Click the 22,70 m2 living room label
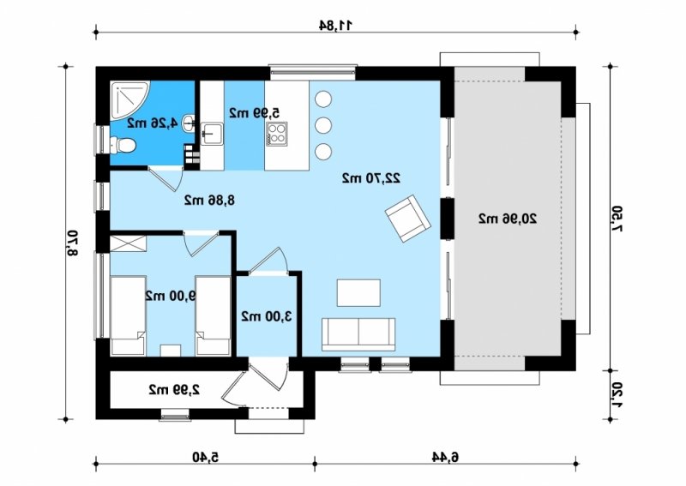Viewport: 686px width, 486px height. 371,178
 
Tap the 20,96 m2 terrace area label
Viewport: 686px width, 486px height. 508,219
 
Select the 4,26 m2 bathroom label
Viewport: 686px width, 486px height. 153,123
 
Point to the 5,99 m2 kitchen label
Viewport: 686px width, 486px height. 254,112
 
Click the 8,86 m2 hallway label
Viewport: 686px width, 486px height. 209,201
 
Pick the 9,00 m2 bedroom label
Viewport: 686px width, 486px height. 170,296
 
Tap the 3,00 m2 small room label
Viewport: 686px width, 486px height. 267,315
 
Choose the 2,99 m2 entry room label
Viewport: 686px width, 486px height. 175,389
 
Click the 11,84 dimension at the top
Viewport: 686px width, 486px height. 335,26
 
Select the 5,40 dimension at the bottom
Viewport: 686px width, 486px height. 205,457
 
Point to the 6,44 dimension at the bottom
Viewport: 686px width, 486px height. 445,457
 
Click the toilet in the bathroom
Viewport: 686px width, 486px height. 122,145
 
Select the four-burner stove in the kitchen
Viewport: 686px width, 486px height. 277,134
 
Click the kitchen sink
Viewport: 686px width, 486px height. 212,133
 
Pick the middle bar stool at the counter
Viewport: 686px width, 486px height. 323,125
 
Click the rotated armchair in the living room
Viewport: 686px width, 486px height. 408,219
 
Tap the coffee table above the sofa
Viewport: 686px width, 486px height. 358,292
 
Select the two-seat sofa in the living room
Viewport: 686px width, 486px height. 358,334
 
